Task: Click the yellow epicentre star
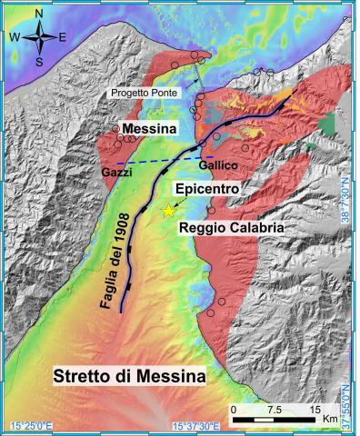coord(168,211)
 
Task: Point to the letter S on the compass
coord(38,61)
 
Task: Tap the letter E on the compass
coord(62,38)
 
